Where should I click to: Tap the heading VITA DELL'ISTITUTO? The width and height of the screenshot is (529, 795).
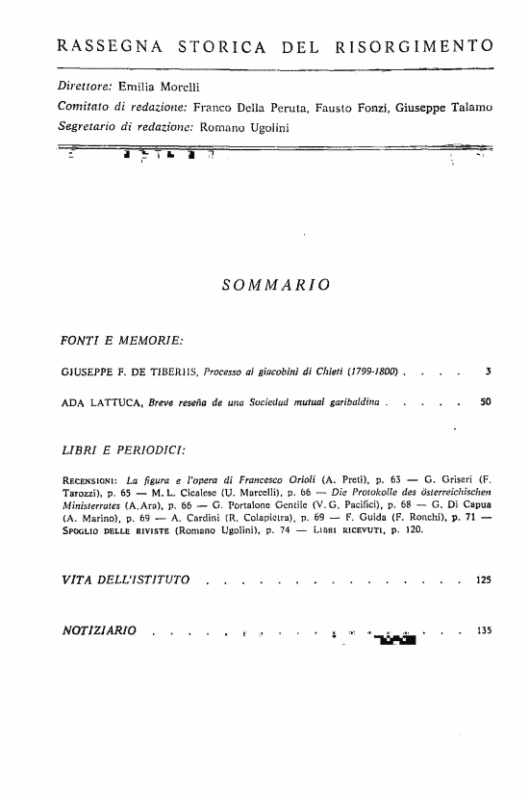(132, 580)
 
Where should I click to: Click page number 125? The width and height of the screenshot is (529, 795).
(483, 580)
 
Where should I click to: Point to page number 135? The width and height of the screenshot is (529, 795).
(483, 631)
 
